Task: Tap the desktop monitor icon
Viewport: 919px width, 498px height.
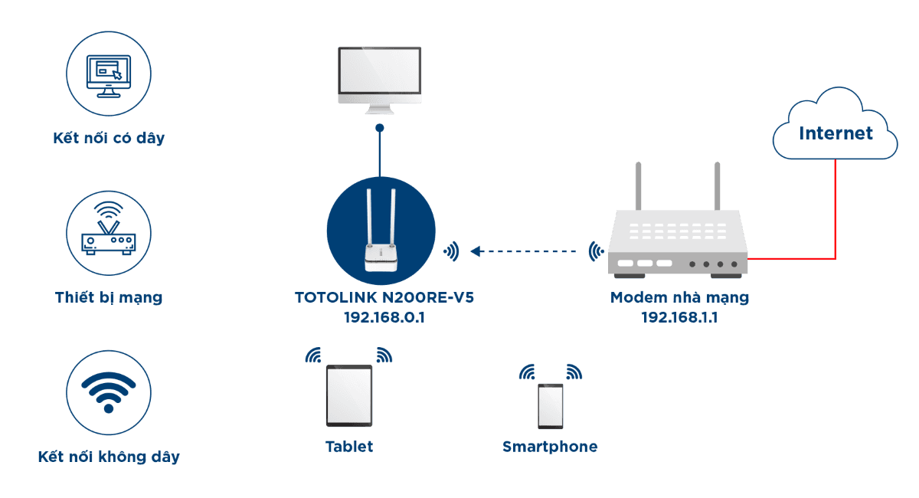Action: [x=379, y=77]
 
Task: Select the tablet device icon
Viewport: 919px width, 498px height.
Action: [x=348, y=395]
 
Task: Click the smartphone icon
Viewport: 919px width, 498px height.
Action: [x=550, y=405]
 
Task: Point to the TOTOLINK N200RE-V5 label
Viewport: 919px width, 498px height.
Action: [x=384, y=297]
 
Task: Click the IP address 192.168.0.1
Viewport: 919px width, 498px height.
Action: [x=384, y=316]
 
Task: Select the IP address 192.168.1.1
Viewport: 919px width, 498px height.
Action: [x=679, y=316]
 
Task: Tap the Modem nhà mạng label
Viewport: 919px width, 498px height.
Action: [x=679, y=297]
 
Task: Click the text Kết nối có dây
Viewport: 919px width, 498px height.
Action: [x=109, y=139]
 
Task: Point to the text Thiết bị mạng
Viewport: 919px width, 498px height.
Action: [x=109, y=297]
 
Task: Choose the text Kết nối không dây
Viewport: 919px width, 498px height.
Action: [x=109, y=457]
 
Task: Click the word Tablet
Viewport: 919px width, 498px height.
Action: [x=348, y=447]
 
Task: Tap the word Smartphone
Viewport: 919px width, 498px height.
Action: [x=550, y=447]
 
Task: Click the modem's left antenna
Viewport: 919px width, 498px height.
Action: [x=637, y=188]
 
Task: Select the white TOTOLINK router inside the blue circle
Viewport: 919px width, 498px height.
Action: [x=381, y=238]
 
